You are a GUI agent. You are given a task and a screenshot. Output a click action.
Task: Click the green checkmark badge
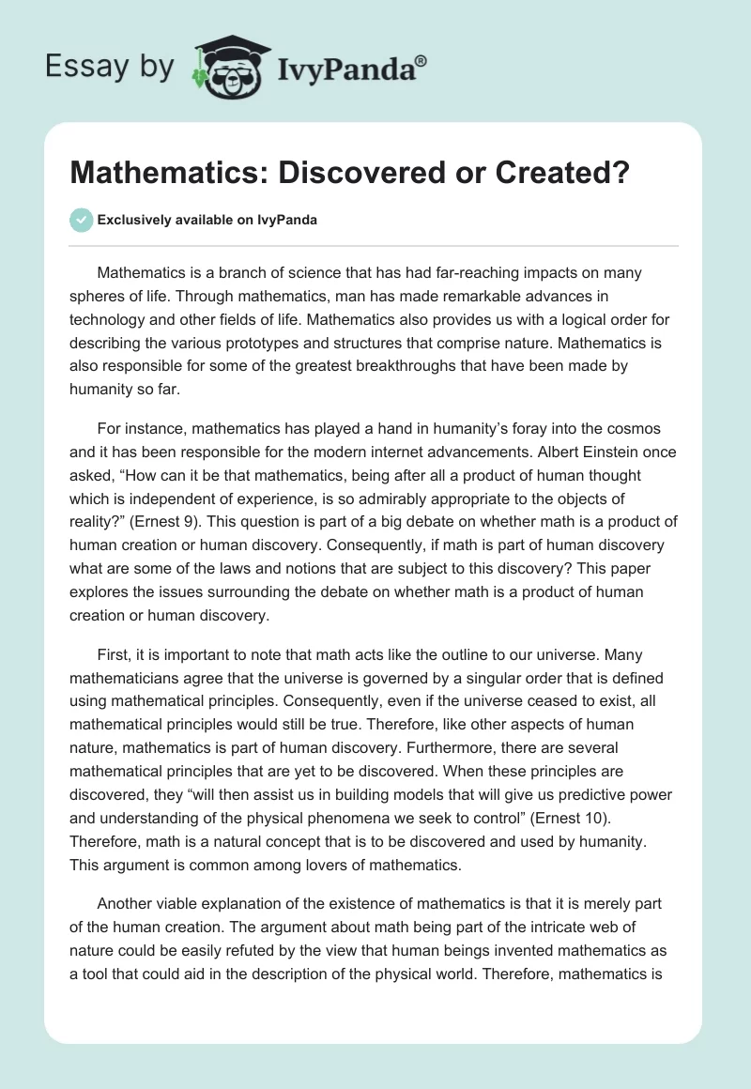point(81,220)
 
